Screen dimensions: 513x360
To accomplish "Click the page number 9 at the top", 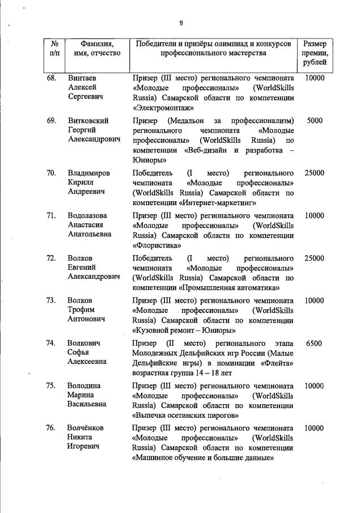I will (x=181, y=23).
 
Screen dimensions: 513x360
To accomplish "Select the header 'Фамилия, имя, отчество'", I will (x=97, y=49).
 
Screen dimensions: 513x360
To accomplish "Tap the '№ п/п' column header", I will (x=55, y=49).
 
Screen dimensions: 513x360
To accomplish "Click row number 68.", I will (x=52, y=78).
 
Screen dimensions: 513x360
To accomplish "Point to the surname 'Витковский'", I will (x=88, y=121).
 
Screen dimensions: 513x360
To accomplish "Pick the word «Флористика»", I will (x=157, y=245).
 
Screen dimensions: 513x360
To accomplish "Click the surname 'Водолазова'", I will (x=89, y=216).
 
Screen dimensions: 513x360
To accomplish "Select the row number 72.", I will (x=52, y=258).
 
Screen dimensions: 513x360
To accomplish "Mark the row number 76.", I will (x=52, y=429).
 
